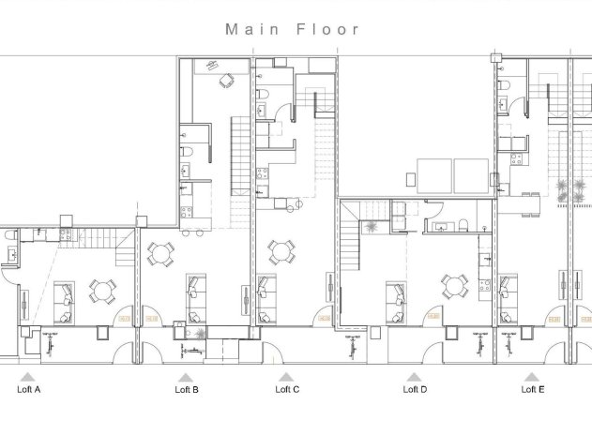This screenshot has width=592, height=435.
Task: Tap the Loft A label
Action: point(29,388)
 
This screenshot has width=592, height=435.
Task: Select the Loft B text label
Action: point(187,388)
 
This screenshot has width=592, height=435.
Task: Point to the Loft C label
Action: point(288,388)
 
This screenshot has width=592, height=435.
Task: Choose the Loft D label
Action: point(414,388)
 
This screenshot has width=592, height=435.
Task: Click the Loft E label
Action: point(533,388)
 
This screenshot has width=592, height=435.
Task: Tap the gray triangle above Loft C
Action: point(287,376)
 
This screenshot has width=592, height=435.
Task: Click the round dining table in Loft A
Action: point(101,291)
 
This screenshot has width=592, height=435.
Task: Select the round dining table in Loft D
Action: point(455,284)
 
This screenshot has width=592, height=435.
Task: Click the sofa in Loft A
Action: point(63,300)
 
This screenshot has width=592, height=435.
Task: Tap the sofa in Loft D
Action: point(395,298)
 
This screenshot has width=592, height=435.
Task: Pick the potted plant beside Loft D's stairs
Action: point(372,226)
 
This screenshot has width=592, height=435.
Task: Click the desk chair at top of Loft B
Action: point(224,81)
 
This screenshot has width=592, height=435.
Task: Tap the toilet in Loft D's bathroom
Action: point(465,223)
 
